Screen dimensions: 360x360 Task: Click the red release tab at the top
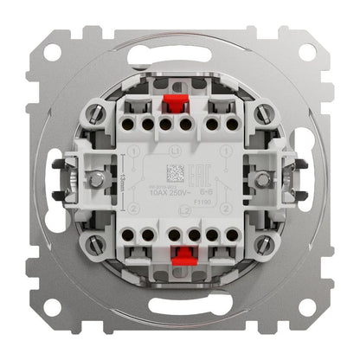pos(179,108)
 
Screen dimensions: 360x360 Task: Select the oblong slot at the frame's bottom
pos(180,318)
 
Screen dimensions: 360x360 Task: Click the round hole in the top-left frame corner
pos(54,53)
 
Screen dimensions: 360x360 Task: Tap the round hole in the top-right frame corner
pos(306,53)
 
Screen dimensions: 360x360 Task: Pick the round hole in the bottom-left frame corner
pos(54,306)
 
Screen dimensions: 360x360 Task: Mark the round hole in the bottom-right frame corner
pos(306,306)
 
